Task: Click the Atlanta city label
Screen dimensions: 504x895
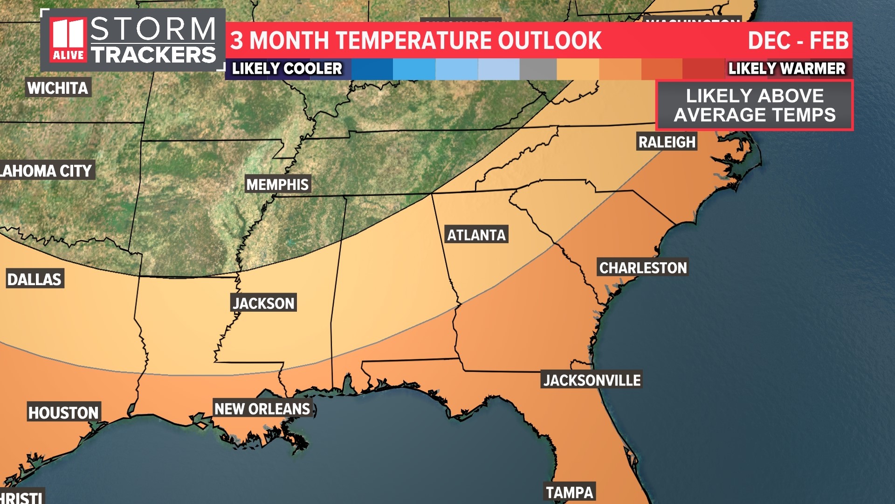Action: pyautogui.click(x=476, y=235)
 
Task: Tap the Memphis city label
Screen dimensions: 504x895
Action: pyautogui.click(x=277, y=185)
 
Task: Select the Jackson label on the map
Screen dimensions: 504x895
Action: pyautogui.click(x=264, y=303)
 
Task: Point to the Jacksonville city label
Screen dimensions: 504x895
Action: pyautogui.click(x=592, y=380)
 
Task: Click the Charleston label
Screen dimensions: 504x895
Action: pyautogui.click(x=643, y=268)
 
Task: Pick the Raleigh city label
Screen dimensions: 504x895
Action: pyautogui.click(x=667, y=142)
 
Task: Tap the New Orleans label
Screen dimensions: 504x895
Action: pyautogui.click(x=262, y=409)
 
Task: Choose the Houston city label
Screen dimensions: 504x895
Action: pyautogui.click(x=63, y=413)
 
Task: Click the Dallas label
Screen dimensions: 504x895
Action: pyautogui.click(x=34, y=279)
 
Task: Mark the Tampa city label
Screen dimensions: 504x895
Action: pyautogui.click(x=570, y=492)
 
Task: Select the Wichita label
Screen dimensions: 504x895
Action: pyautogui.click(x=58, y=88)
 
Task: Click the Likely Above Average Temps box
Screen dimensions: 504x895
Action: pyautogui.click(x=755, y=105)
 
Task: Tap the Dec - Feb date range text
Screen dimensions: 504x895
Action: pyautogui.click(x=798, y=41)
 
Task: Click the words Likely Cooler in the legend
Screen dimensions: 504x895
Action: pyautogui.click(x=287, y=69)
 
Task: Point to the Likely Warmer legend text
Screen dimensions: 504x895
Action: pyautogui.click(x=787, y=69)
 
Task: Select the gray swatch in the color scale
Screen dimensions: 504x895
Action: pyautogui.click(x=538, y=69)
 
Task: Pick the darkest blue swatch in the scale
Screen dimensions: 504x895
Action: pyautogui.click(x=372, y=69)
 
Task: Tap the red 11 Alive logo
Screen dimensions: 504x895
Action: pyautogui.click(x=69, y=40)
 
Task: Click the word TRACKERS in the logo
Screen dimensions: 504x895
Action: pyautogui.click(x=154, y=55)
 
